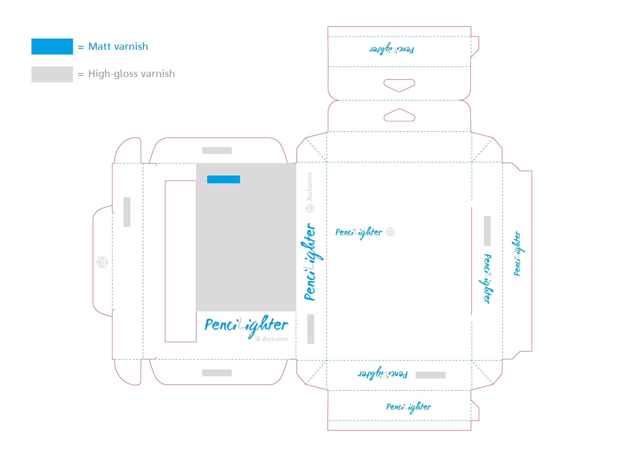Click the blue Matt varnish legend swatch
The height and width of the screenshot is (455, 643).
pyautogui.click(x=52, y=46)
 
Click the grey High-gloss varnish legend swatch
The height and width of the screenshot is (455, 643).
pyautogui.click(x=52, y=74)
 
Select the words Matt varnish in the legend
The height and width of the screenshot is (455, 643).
pyautogui.click(x=118, y=46)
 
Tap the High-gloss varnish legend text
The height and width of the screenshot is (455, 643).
pyautogui.click(x=131, y=74)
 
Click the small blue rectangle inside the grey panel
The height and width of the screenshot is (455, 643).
pyautogui.click(x=223, y=179)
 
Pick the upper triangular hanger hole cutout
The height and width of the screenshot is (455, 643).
pyautogui.click(x=399, y=85)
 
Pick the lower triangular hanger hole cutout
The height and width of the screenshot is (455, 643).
pyautogui.click(x=399, y=115)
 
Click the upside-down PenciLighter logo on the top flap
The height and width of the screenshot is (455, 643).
pyautogui.click(x=392, y=50)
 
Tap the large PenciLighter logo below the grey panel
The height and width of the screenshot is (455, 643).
pyautogui.click(x=246, y=326)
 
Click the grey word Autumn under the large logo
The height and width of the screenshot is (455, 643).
pyautogui.click(x=275, y=339)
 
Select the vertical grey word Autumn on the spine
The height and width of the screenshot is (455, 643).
pyautogui.click(x=309, y=187)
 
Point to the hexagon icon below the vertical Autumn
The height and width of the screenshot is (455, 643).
pyautogui.click(x=310, y=208)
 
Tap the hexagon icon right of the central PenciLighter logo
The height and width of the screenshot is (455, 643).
pyautogui.click(x=390, y=232)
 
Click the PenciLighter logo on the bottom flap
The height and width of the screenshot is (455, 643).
pyautogui.click(x=409, y=407)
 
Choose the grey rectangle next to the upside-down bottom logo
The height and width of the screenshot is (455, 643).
pyautogui.click(x=430, y=375)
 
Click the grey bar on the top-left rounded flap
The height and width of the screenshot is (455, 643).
pyautogui.click(x=217, y=150)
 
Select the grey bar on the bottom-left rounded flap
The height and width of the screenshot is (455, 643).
pyautogui.click(x=217, y=373)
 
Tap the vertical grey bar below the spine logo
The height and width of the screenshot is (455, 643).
pyautogui.click(x=311, y=329)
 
